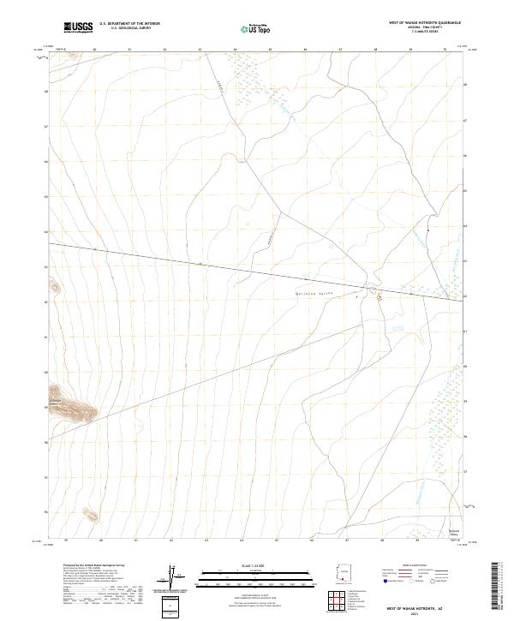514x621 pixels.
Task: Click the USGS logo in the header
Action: point(78,27)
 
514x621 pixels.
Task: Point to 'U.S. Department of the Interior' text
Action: point(129,25)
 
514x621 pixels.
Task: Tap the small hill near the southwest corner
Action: point(89,514)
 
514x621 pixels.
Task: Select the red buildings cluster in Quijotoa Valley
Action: point(378,297)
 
